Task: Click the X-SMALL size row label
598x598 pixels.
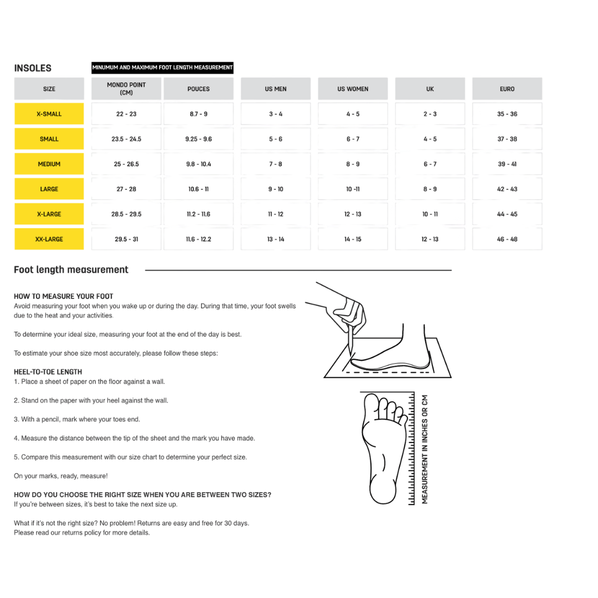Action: pyautogui.click(x=49, y=114)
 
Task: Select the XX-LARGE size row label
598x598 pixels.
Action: pyautogui.click(x=49, y=239)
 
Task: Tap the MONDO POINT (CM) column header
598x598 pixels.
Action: pyautogui.click(x=126, y=89)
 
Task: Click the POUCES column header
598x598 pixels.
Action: pyautogui.click(x=198, y=89)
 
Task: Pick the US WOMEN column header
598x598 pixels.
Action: pyautogui.click(x=353, y=89)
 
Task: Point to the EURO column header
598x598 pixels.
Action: pyautogui.click(x=507, y=89)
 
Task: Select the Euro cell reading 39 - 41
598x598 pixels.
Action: pyautogui.click(x=507, y=164)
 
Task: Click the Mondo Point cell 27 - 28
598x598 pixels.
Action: pyautogui.click(x=126, y=189)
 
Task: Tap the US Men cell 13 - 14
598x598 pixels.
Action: pyautogui.click(x=276, y=239)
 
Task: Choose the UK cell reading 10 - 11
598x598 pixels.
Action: pyautogui.click(x=430, y=214)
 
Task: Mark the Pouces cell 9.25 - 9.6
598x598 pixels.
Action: pyautogui.click(x=198, y=139)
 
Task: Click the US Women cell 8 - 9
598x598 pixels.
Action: pyautogui.click(x=353, y=164)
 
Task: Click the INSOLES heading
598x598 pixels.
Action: pyautogui.click(x=33, y=68)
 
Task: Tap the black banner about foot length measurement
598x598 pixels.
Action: pyautogui.click(x=162, y=68)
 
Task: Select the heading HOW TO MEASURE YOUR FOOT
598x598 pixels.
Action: pyautogui.click(x=63, y=296)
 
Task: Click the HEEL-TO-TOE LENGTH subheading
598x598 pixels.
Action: pyautogui.click(x=48, y=372)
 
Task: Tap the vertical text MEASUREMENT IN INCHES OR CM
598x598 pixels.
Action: pyautogui.click(x=425, y=449)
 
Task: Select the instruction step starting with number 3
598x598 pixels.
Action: pyautogui.click(x=77, y=420)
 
